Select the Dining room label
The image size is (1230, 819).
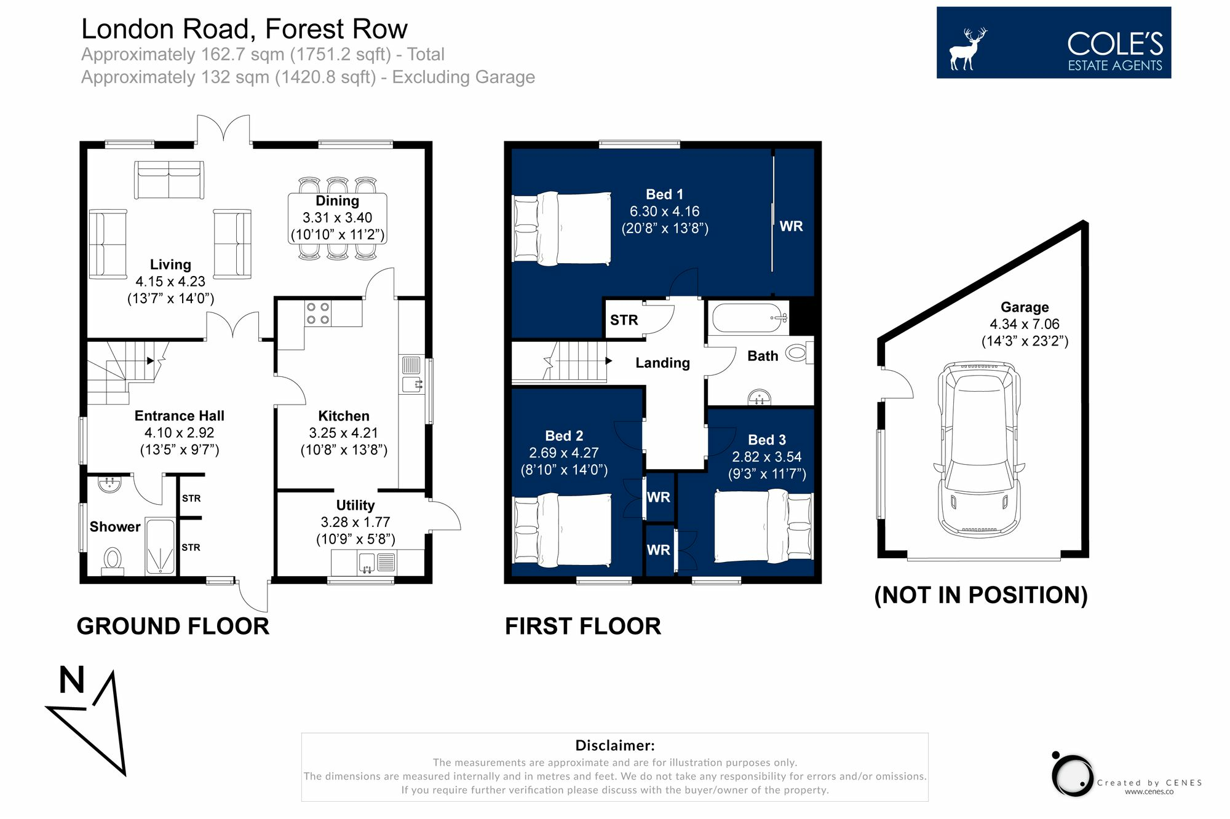pyautogui.click(x=337, y=201)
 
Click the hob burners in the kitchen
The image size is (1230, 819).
pyautogui.click(x=318, y=313)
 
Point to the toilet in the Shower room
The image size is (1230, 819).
pyautogui.click(x=112, y=561)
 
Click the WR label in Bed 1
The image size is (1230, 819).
pyautogui.click(x=791, y=226)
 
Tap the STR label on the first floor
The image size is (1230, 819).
pyautogui.click(x=624, y=320)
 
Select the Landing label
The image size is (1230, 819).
pyautogui.click(x=662, y=363)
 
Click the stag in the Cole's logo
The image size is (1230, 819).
pyautogui.click(x=967, y=49)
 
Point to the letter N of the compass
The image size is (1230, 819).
pyautogui.click(x=72, y=680)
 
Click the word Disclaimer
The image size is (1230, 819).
pyautogui.click(x=615, y=746)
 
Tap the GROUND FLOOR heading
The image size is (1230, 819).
pyautogui.click(x=173, y=627)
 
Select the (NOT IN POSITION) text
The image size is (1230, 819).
pyautogui.click(x=981, y=595)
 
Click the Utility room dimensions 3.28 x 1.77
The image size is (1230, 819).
pyautogui.click(x=355, y=523)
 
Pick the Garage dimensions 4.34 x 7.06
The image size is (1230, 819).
pyautogui.click(x=1025, y=324)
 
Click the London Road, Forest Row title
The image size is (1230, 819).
pyautogui.click(x=244, y=30)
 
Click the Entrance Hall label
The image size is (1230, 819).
pyautogui.click(x=180, y=416)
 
